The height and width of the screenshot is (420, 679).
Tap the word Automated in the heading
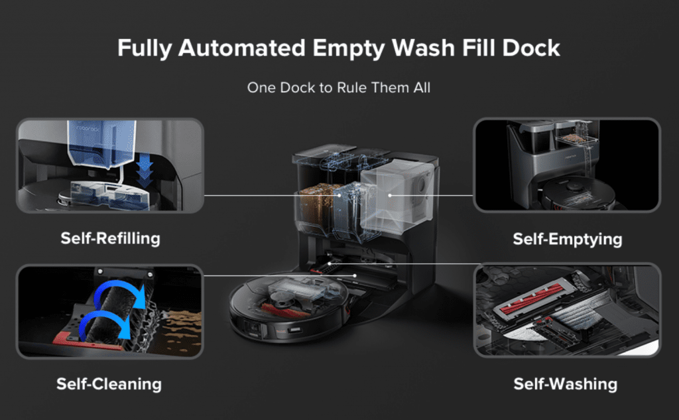[255, 48]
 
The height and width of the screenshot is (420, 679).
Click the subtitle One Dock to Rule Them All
[339, 88]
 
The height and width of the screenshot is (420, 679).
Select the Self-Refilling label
[110, 238]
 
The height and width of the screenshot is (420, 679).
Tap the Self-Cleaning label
[109, 384]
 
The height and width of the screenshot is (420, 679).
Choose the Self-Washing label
[566, 384]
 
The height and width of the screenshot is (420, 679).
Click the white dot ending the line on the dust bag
[390, 195]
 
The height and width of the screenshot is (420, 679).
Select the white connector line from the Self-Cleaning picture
[278, 275]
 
